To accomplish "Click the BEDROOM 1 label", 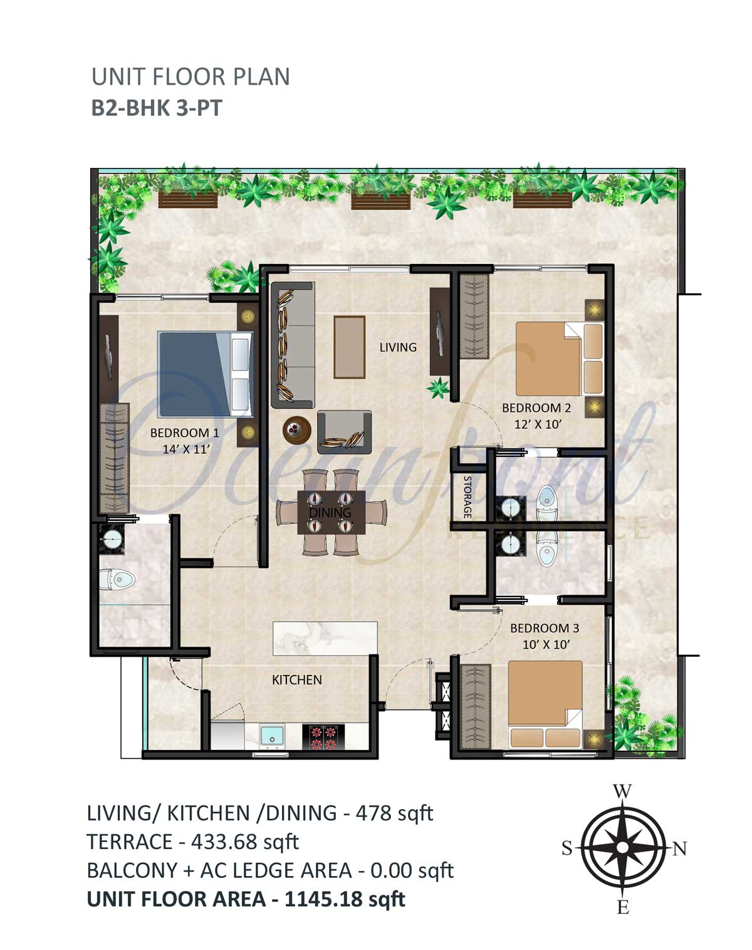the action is pos(185,432).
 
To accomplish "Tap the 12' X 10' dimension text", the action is pos(538,424).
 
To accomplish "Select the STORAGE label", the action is pos(467,497).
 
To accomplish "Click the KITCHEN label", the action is pos(297,680).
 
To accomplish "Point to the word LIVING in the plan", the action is pos(398,347).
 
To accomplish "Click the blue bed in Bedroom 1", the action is pos(206,374).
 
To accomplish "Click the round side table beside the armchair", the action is pos(297,429).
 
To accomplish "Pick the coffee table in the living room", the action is pos(349,347).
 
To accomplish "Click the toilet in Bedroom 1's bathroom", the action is pos(117,579).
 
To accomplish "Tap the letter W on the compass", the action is pos(622,791).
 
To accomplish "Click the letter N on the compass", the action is pos(679,848).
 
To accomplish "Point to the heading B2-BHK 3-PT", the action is pos(156,108).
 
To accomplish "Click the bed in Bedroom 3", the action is pos(545,704).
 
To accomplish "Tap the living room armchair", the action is pos(345,432).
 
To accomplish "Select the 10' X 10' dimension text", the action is pos(546,645).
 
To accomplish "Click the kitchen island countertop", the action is pos(325,639).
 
